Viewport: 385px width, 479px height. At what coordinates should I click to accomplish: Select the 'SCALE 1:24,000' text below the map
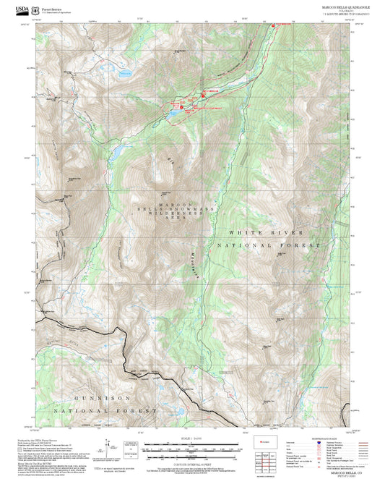[192, 438]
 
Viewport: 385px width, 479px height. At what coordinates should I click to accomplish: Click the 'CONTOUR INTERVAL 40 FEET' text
[192, 465]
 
